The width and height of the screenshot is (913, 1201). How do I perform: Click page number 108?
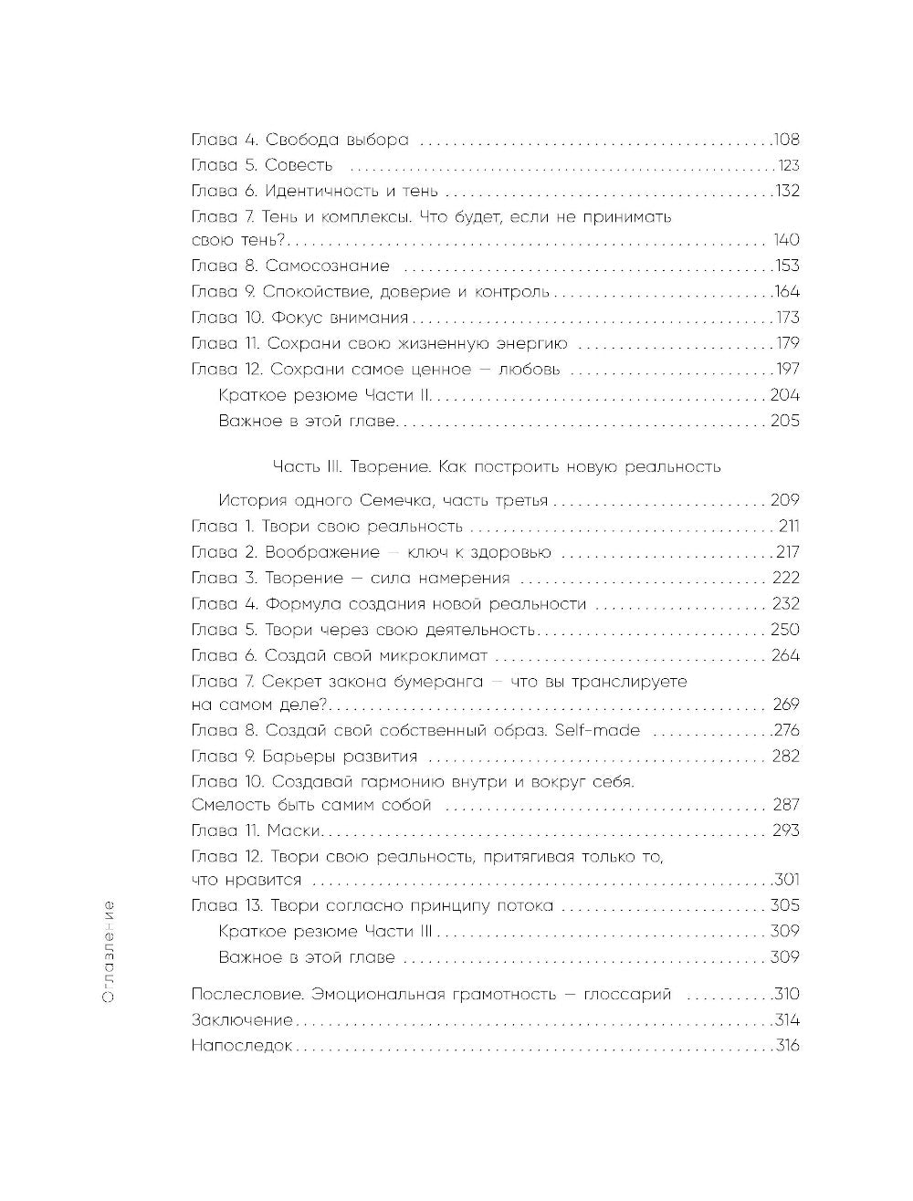point(785,141)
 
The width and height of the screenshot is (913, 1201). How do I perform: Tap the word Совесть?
point(299,166)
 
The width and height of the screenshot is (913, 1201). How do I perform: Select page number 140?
point(785,240)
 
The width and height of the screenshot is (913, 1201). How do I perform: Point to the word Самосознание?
point(327,266)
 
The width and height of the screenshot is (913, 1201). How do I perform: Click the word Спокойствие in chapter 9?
point(313,292)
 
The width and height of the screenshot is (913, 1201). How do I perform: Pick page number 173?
point(786,318)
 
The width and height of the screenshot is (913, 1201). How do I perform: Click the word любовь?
point(532,370)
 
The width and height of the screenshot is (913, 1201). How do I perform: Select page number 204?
point(784,395)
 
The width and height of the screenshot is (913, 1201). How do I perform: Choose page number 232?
point(784,603)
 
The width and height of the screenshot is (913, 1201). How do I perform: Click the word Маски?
point(296,830)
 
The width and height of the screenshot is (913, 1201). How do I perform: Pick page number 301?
point(786,880)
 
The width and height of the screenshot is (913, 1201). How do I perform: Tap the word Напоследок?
point(242,1046)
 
